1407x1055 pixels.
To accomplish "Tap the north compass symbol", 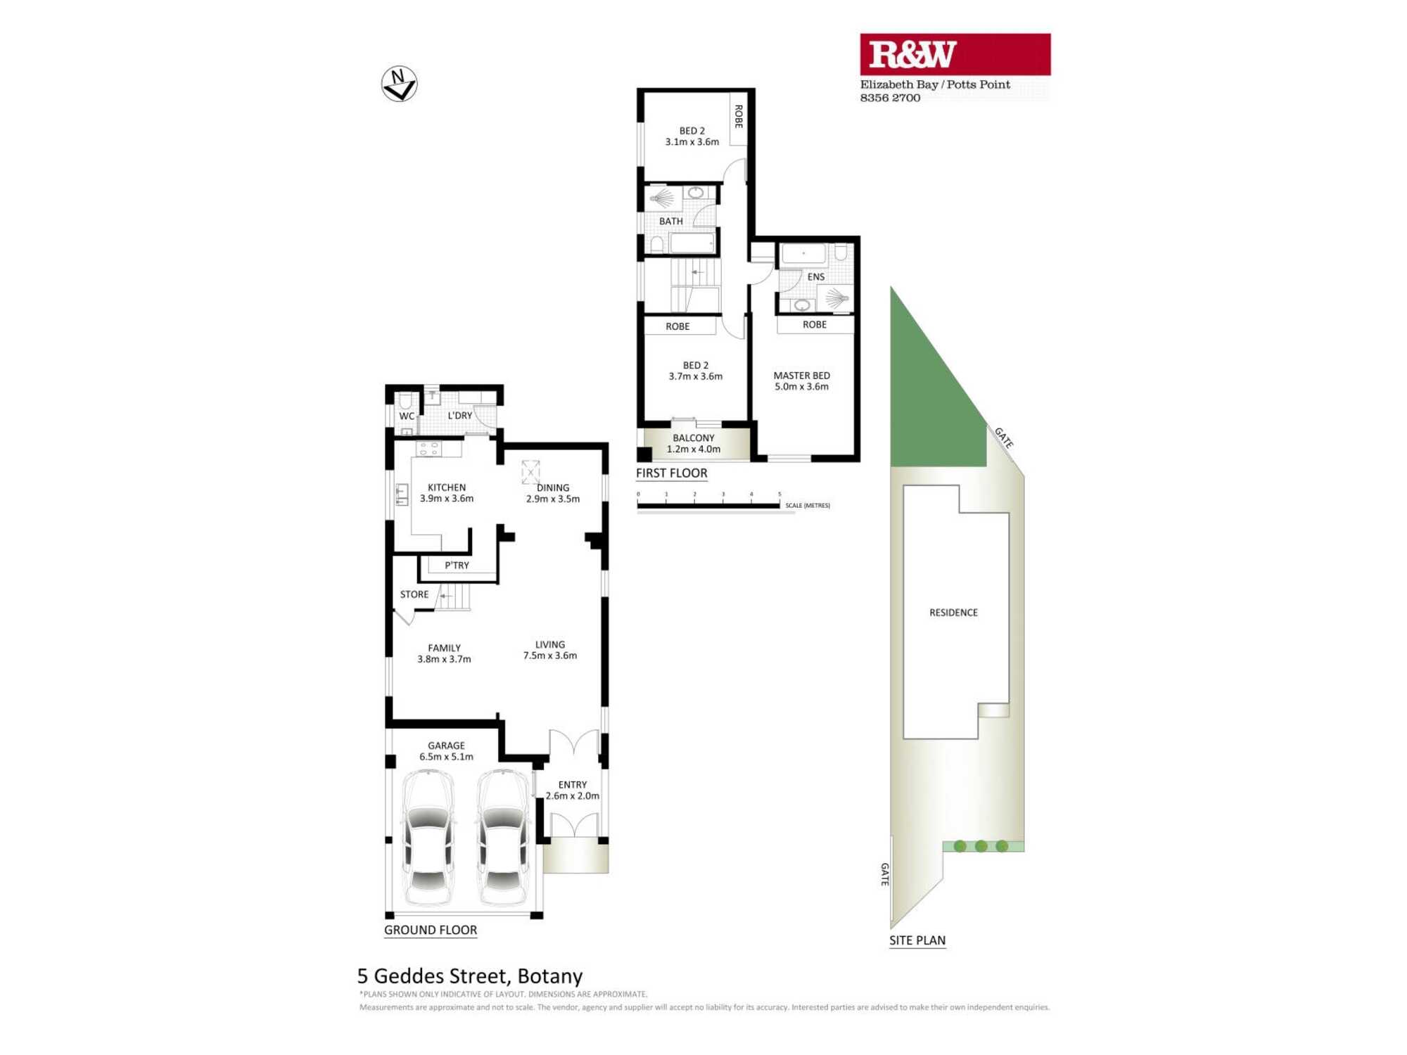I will click(x=399, y=84).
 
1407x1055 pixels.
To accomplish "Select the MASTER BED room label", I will click(x=801, y=376).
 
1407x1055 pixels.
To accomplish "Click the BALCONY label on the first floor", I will click(x=693, y=437).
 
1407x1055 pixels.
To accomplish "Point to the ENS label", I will click(x=815, y=277).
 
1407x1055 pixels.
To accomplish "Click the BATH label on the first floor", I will click(x=670, y=222).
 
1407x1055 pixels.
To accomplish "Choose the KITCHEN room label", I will click(x=446, y=487).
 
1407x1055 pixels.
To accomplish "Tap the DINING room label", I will click(x=553, y=487).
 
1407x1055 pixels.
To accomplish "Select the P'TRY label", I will click(x=457, y=565).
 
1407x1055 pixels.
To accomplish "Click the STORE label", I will click(x=414, y=594).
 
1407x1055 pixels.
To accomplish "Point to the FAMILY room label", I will click(x=444, y=648).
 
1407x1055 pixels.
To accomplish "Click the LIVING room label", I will click(x=549, y=644).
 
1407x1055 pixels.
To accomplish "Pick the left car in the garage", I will click(x=428, y=837).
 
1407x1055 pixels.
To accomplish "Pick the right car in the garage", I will click(x=503, y=837).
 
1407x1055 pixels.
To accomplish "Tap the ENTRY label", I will click(x=572, y=785).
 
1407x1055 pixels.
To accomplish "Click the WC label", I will click(x=407, y=416).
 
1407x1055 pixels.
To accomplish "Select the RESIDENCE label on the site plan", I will click(x=953, y=613).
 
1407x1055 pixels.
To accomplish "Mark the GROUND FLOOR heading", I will click(x=430, y=930).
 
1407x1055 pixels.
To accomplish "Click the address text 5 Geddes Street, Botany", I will click(x=470, y=976).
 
